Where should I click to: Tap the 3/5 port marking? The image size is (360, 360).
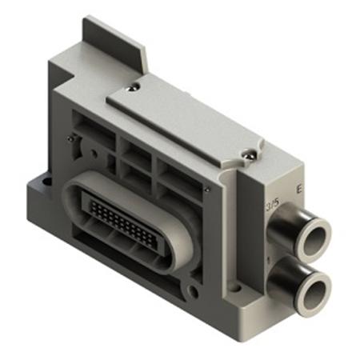point(271,206)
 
